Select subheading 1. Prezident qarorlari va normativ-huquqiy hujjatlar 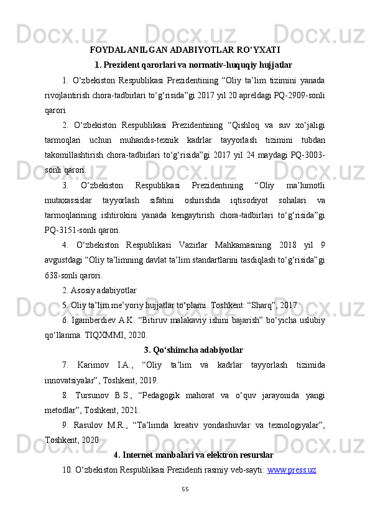(x=193, y=65)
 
